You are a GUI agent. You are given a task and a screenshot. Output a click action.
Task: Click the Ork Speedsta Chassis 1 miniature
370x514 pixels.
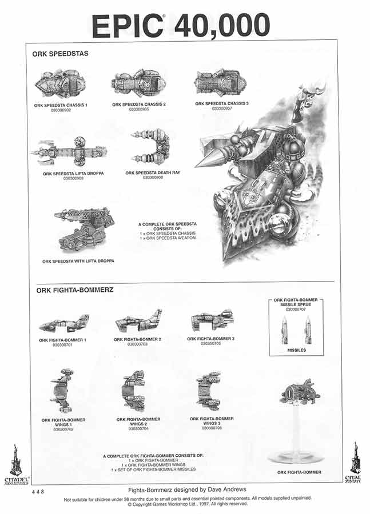point(59,84)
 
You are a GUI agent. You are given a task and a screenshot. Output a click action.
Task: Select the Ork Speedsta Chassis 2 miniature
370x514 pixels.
point(138,84)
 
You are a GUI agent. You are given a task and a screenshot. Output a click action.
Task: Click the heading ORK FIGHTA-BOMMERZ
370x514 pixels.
point(74,290)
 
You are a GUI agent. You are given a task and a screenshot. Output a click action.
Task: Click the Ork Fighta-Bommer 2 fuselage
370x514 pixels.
point(139,322)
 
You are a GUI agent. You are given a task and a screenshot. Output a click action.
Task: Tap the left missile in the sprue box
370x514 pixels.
point(285,330)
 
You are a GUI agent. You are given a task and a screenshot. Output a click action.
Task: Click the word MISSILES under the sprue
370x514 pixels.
point(296,350)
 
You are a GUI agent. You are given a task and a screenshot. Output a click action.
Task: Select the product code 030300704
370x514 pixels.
point(138,429)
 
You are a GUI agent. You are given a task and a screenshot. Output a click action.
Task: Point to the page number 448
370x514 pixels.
point(38,491)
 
